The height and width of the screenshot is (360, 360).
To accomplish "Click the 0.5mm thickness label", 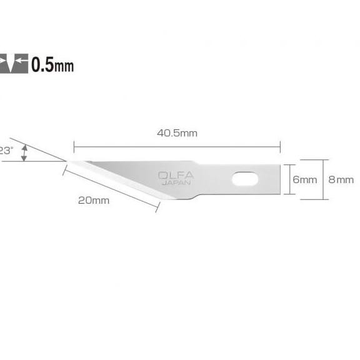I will coord(54,64).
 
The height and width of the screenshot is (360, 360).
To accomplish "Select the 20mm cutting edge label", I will coord(94,200).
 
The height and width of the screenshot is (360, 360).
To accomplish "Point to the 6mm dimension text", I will coord(305,180).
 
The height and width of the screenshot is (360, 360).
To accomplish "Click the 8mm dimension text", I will coord(341,180).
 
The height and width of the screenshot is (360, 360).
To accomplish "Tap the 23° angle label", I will coord(6,151).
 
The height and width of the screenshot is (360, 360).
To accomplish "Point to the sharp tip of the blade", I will coord(67,161).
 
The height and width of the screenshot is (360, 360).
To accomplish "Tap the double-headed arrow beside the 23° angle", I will coord(24,152).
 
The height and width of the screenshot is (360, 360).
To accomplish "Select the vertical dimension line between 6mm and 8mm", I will coord(322,179).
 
